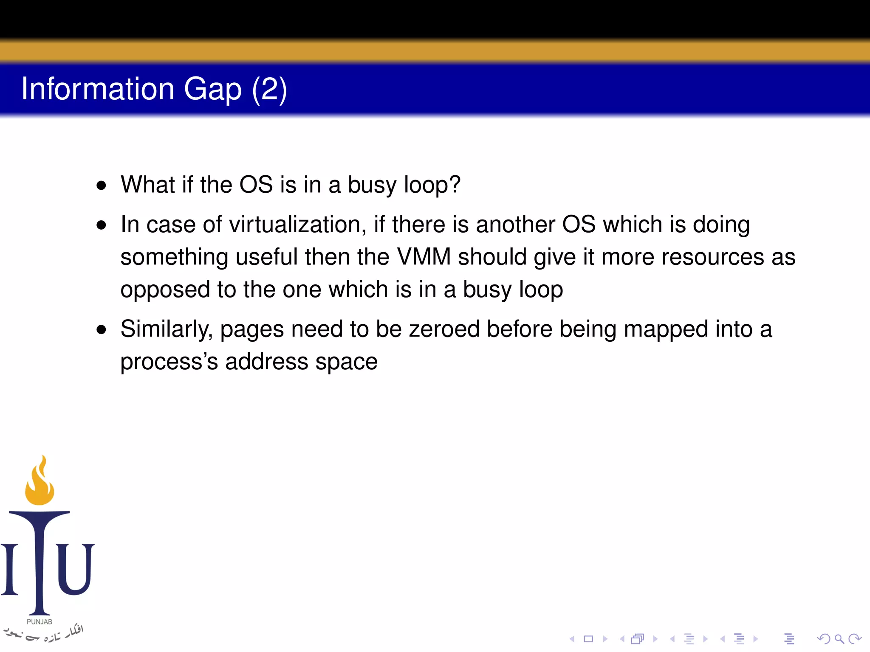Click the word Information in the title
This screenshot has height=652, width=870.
(98, 89)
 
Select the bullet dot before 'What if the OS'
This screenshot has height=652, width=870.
(101, 185)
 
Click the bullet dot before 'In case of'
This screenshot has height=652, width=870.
(101, 225)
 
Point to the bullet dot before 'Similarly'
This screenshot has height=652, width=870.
(101, 330)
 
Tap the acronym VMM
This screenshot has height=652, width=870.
(424, 257)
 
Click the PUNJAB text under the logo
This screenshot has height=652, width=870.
(40, 622)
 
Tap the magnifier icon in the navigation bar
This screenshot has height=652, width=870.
(839, 639)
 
